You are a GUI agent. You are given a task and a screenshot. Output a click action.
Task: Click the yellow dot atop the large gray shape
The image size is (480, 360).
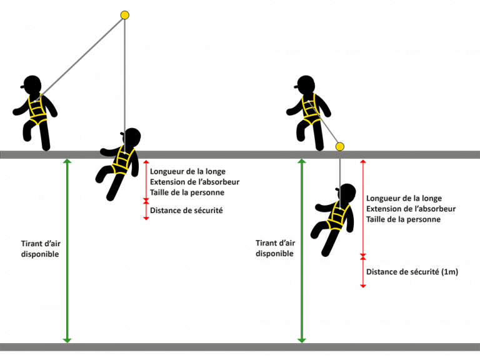tap(124, 15)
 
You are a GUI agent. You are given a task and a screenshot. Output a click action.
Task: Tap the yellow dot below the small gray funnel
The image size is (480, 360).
tap(339, 147)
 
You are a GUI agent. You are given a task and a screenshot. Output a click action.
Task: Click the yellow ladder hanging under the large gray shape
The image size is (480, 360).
tap(123, 160)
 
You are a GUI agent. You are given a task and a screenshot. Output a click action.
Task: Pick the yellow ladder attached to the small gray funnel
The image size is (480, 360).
tap(308, 109)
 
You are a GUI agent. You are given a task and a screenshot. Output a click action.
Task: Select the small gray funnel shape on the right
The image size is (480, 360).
tap(336, 131)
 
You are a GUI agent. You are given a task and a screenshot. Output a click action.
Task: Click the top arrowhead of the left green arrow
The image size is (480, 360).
tap(67, 163)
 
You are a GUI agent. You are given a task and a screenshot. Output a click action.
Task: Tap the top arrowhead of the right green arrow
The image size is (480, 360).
tap(302, 163)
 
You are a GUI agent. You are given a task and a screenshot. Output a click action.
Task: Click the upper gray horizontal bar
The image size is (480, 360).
tap(240, 154)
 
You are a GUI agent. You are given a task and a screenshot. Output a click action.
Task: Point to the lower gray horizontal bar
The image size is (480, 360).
tap(240, 347)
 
